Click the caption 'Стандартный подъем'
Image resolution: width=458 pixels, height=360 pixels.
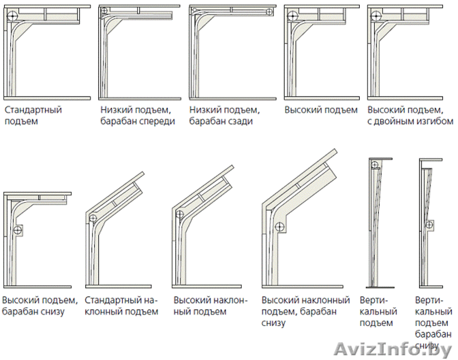pyautogui.click(x=33, y=115)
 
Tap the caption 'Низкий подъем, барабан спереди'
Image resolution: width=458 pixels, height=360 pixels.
pyautogui.click(x=138, y=115)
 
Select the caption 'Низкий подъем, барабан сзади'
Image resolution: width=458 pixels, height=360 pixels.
pyautogui.click(x=224, y=115)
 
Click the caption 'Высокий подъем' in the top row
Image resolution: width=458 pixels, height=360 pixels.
pyautogui.click(x=320, y=110)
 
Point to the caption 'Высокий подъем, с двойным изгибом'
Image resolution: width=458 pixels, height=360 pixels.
pyautogui.click(x=410, y=115)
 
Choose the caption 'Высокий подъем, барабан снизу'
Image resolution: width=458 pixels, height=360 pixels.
pyautogui.click(x=40, y=305)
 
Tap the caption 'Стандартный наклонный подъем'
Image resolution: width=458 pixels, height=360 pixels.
pyautogui.click(x=122, y=305)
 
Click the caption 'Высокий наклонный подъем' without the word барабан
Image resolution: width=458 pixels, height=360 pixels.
pyautogui.click(x=210, y=305)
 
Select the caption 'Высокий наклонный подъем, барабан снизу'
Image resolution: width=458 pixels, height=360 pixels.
pyautogui.click(x=306, y=311)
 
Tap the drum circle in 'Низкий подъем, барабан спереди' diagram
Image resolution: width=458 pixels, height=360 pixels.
pyautogui.click(x=105, y=11)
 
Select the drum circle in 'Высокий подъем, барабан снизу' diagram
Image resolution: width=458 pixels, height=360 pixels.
pyautogui.click(x=18, y=230)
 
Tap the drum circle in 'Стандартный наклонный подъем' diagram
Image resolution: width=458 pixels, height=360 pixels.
pyautogui.click(x=94, y=218)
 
